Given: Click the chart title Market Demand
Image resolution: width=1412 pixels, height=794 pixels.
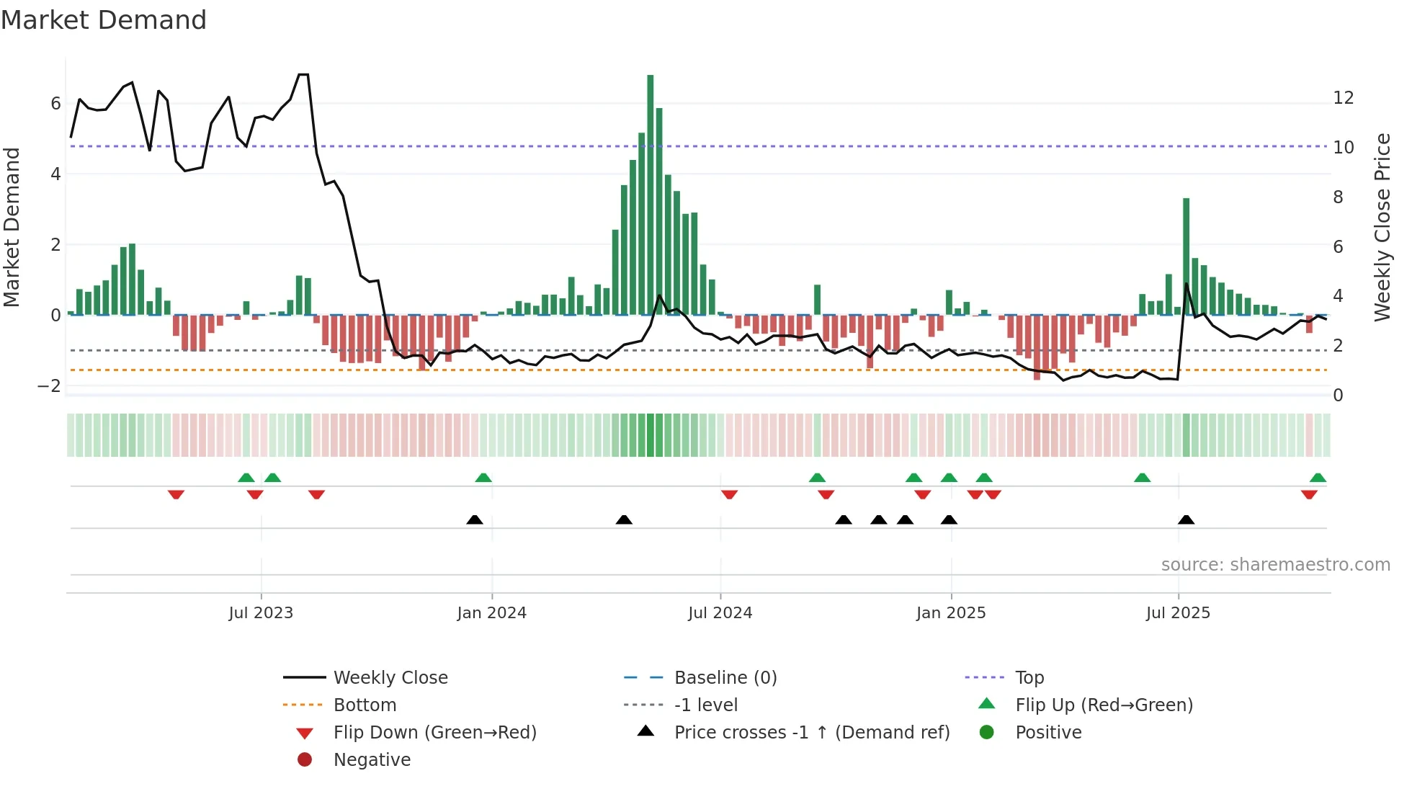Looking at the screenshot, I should click(104, 20).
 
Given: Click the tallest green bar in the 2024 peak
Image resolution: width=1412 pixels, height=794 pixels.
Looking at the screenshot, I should click(650, 195).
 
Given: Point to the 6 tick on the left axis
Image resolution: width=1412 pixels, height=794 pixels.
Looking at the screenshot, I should click(55, 104).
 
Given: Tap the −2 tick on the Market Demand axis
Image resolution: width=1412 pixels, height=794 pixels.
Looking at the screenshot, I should click(49, 386).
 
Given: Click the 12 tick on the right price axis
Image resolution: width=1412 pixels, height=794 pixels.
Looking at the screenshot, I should click(1343, 98).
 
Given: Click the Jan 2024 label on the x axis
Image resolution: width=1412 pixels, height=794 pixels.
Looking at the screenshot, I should click(491, 613).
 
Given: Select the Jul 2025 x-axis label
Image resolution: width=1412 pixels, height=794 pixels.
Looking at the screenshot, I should click(1178, 613).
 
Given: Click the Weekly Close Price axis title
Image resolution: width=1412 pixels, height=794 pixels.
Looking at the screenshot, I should click(1382, 227).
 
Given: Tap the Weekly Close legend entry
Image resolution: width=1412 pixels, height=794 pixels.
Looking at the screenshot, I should click(390, 678).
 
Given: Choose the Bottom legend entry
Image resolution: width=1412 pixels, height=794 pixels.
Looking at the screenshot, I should click(365, 705).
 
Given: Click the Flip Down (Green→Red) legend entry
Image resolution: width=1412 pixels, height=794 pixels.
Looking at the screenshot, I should click(434, 733).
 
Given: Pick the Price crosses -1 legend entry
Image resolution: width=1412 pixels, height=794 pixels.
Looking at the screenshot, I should click(811, 733).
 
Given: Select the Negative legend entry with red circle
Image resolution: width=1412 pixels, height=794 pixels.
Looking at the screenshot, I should click(372, 760).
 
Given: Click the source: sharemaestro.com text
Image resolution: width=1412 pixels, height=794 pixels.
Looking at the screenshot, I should click(1275, 565).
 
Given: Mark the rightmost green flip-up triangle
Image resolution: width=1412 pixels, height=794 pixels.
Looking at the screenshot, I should click(1318, 478).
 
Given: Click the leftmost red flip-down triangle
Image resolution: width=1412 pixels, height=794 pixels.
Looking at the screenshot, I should click(176, 494).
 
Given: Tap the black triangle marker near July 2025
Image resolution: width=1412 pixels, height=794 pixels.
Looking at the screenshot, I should click(1186, 519).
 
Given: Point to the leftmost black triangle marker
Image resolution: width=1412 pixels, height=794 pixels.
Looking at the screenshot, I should click(474, 519).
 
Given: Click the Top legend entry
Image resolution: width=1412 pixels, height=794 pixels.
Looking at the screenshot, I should click(1029, 678).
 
